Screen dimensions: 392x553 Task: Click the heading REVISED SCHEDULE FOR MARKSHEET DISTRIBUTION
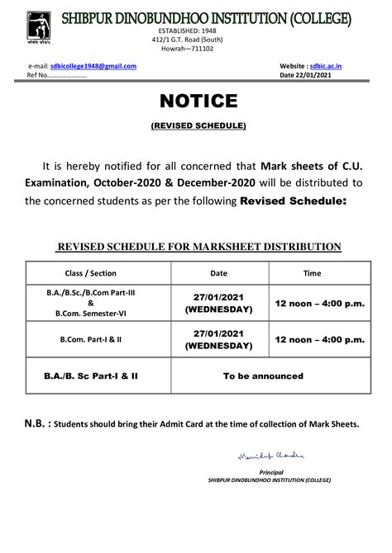click(x=198, y=246)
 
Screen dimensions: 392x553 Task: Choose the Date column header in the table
click(x=218, y=272)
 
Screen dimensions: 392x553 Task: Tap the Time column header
click(x=312, y=272)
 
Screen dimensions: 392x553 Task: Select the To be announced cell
click(x=264, y=376)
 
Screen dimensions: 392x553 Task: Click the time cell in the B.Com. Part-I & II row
click(x=318, y=338)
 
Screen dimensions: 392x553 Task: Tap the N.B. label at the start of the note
click(x=36, y=423)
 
